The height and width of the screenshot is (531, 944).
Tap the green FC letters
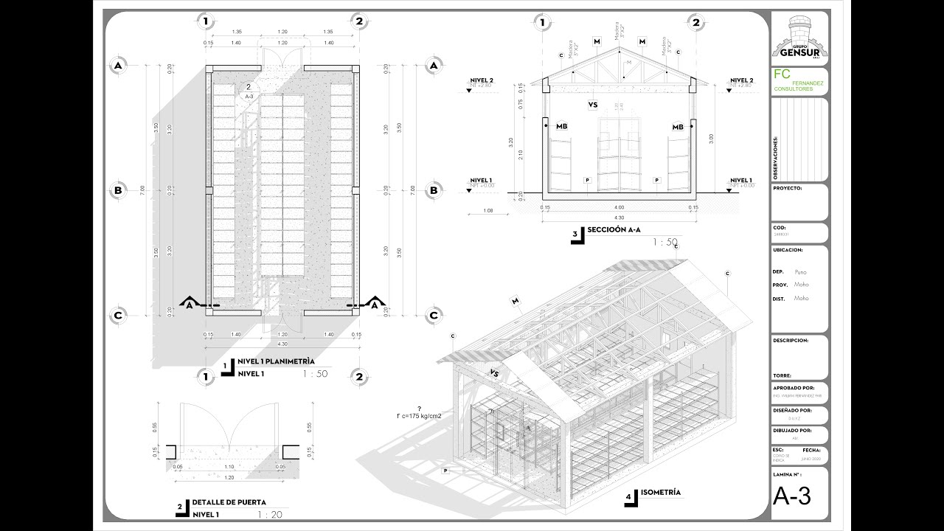tap(782, 74)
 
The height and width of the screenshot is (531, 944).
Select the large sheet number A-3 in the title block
tap(792, 497)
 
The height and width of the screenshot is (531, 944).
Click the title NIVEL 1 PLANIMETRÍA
tap(276, 362)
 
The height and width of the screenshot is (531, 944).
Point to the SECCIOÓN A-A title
tap(614, 230)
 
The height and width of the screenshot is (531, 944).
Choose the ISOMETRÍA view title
tap(661, 493)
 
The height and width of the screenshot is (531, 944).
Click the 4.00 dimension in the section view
tap(619, 207)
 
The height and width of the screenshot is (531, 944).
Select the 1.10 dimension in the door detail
tap(229, 467)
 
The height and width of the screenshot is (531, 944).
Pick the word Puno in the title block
tap(800, 272)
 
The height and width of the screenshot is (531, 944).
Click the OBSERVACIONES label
tap(776, 158)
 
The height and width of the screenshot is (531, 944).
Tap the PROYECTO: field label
tap(787, 188)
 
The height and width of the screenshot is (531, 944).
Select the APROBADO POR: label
tap(793, 387)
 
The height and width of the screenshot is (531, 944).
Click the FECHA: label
tap(811, 449)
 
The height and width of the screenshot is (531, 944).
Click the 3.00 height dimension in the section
tap(710, 137)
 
